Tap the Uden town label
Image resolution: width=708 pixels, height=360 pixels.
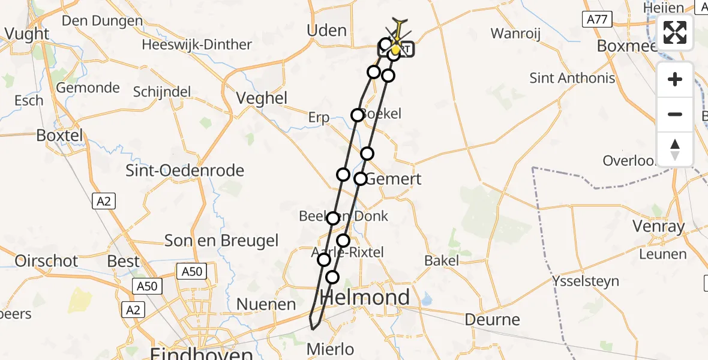(326, 31)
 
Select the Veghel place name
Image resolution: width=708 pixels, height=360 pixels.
(262, 98)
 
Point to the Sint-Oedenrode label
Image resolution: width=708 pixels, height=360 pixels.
(185, 170)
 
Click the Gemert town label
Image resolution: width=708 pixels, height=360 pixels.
(393, 179)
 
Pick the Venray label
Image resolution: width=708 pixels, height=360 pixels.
(659, 226)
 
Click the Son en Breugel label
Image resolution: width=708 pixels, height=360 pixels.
(221, 241)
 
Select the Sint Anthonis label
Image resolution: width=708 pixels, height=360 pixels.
(572, 78)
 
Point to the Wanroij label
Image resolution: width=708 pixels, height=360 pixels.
(515, 33)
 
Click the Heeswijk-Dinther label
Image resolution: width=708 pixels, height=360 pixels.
(197, 44)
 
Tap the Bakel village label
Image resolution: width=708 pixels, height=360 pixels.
(442, 260)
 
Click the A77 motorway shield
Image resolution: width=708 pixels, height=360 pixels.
(596, 20)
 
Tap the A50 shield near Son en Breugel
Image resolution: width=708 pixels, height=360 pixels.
(192, 272)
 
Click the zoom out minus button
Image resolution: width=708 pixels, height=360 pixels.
(675, 115)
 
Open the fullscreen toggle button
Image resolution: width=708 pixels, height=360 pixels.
(675, 32)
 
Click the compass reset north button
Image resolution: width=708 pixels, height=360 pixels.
(675, 149)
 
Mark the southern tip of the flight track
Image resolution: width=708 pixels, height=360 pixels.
(313, 328)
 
